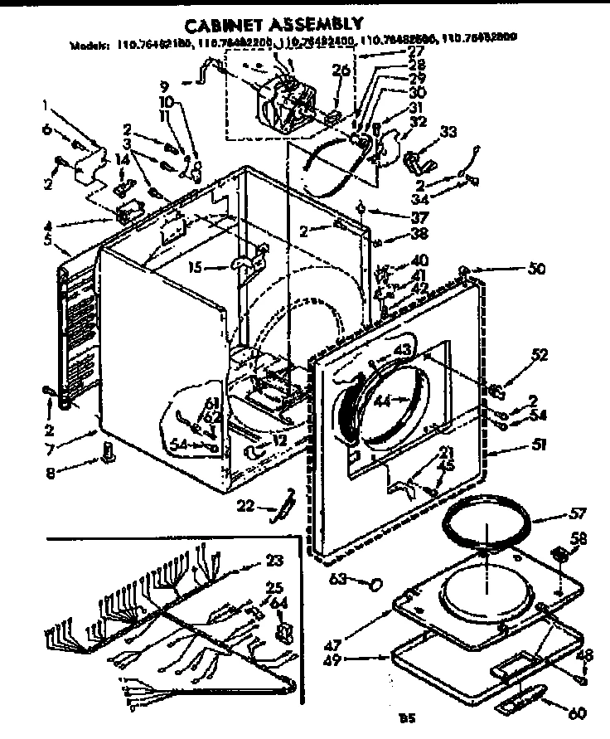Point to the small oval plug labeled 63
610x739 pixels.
pyautogui.click(x=375, y=585)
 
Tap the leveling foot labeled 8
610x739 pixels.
pyautogui.click(x=108, y=452)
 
